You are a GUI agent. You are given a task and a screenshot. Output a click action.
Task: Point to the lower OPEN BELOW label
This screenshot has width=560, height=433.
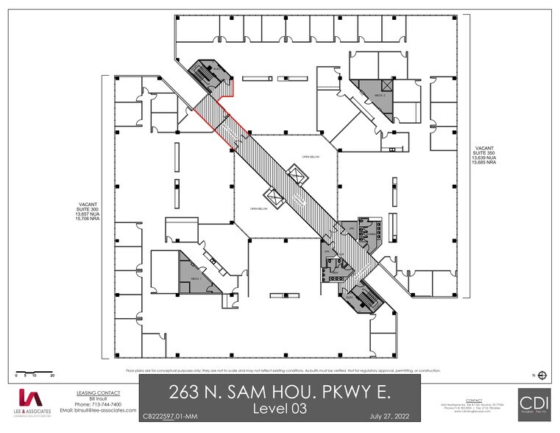tap(259, 208)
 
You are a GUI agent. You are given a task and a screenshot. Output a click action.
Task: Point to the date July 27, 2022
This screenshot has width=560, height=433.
tap(389, 418)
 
